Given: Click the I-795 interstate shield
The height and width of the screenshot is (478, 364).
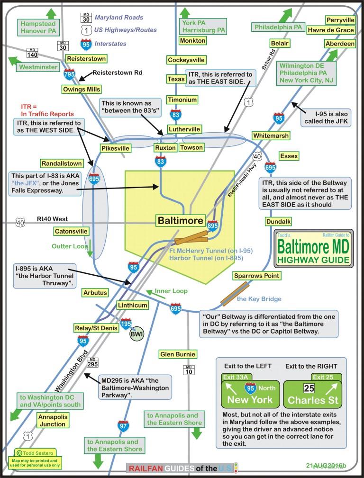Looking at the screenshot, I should click(x=69, y=74).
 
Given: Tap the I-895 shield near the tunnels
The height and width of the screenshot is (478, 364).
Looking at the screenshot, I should click(x=213, y=226).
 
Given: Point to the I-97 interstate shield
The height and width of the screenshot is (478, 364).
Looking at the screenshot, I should click(x=123, y=426).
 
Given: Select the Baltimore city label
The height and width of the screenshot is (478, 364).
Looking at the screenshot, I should click(x=181, y=220).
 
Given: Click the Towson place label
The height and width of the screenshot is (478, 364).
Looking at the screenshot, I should click(x=191, y=148).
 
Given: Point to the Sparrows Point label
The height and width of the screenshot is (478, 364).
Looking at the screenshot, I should click(x=257, y=276).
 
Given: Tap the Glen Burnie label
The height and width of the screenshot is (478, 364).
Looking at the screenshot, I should click(x=178, y=354).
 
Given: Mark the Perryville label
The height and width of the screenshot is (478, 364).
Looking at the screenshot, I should click(x=340, y=20).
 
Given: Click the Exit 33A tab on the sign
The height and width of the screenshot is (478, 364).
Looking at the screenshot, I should click(x=237, y=377).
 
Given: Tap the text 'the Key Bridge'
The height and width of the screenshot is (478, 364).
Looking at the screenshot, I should click(x=259, y=299).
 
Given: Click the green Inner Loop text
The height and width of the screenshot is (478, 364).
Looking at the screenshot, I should click(x=172, y=291).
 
